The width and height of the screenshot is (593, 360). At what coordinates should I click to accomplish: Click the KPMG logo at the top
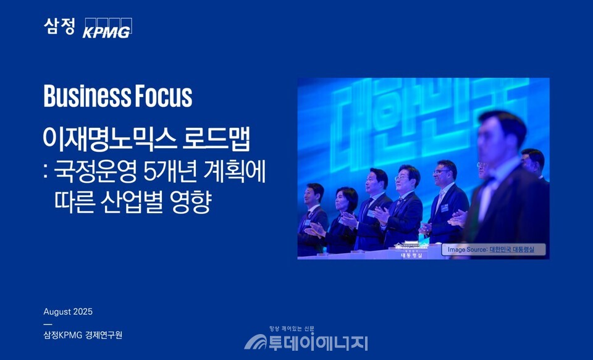[107, 28]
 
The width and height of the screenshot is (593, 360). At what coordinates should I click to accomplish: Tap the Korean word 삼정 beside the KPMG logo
[59, 26]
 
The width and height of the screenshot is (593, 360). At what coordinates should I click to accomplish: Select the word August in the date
[57, 312]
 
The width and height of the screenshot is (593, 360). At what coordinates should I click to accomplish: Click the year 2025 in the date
[82, 312]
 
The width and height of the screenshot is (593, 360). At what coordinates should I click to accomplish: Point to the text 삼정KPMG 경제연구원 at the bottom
[83, 335]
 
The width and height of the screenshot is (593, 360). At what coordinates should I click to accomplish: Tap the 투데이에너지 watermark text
[317, 341]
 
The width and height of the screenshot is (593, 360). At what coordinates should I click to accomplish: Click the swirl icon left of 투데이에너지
[254, 341]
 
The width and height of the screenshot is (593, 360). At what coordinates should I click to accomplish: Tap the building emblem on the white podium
[410, 248]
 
